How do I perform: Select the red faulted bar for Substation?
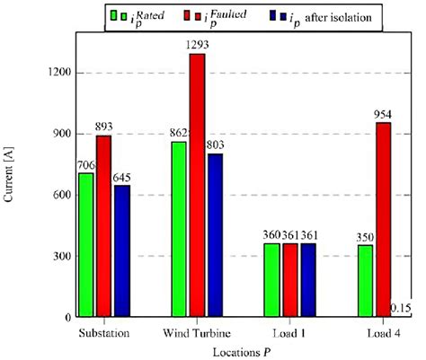point(104,225)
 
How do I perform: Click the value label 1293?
point(198,46)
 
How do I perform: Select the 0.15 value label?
point(401,309)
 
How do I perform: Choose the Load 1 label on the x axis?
point(290,332)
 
